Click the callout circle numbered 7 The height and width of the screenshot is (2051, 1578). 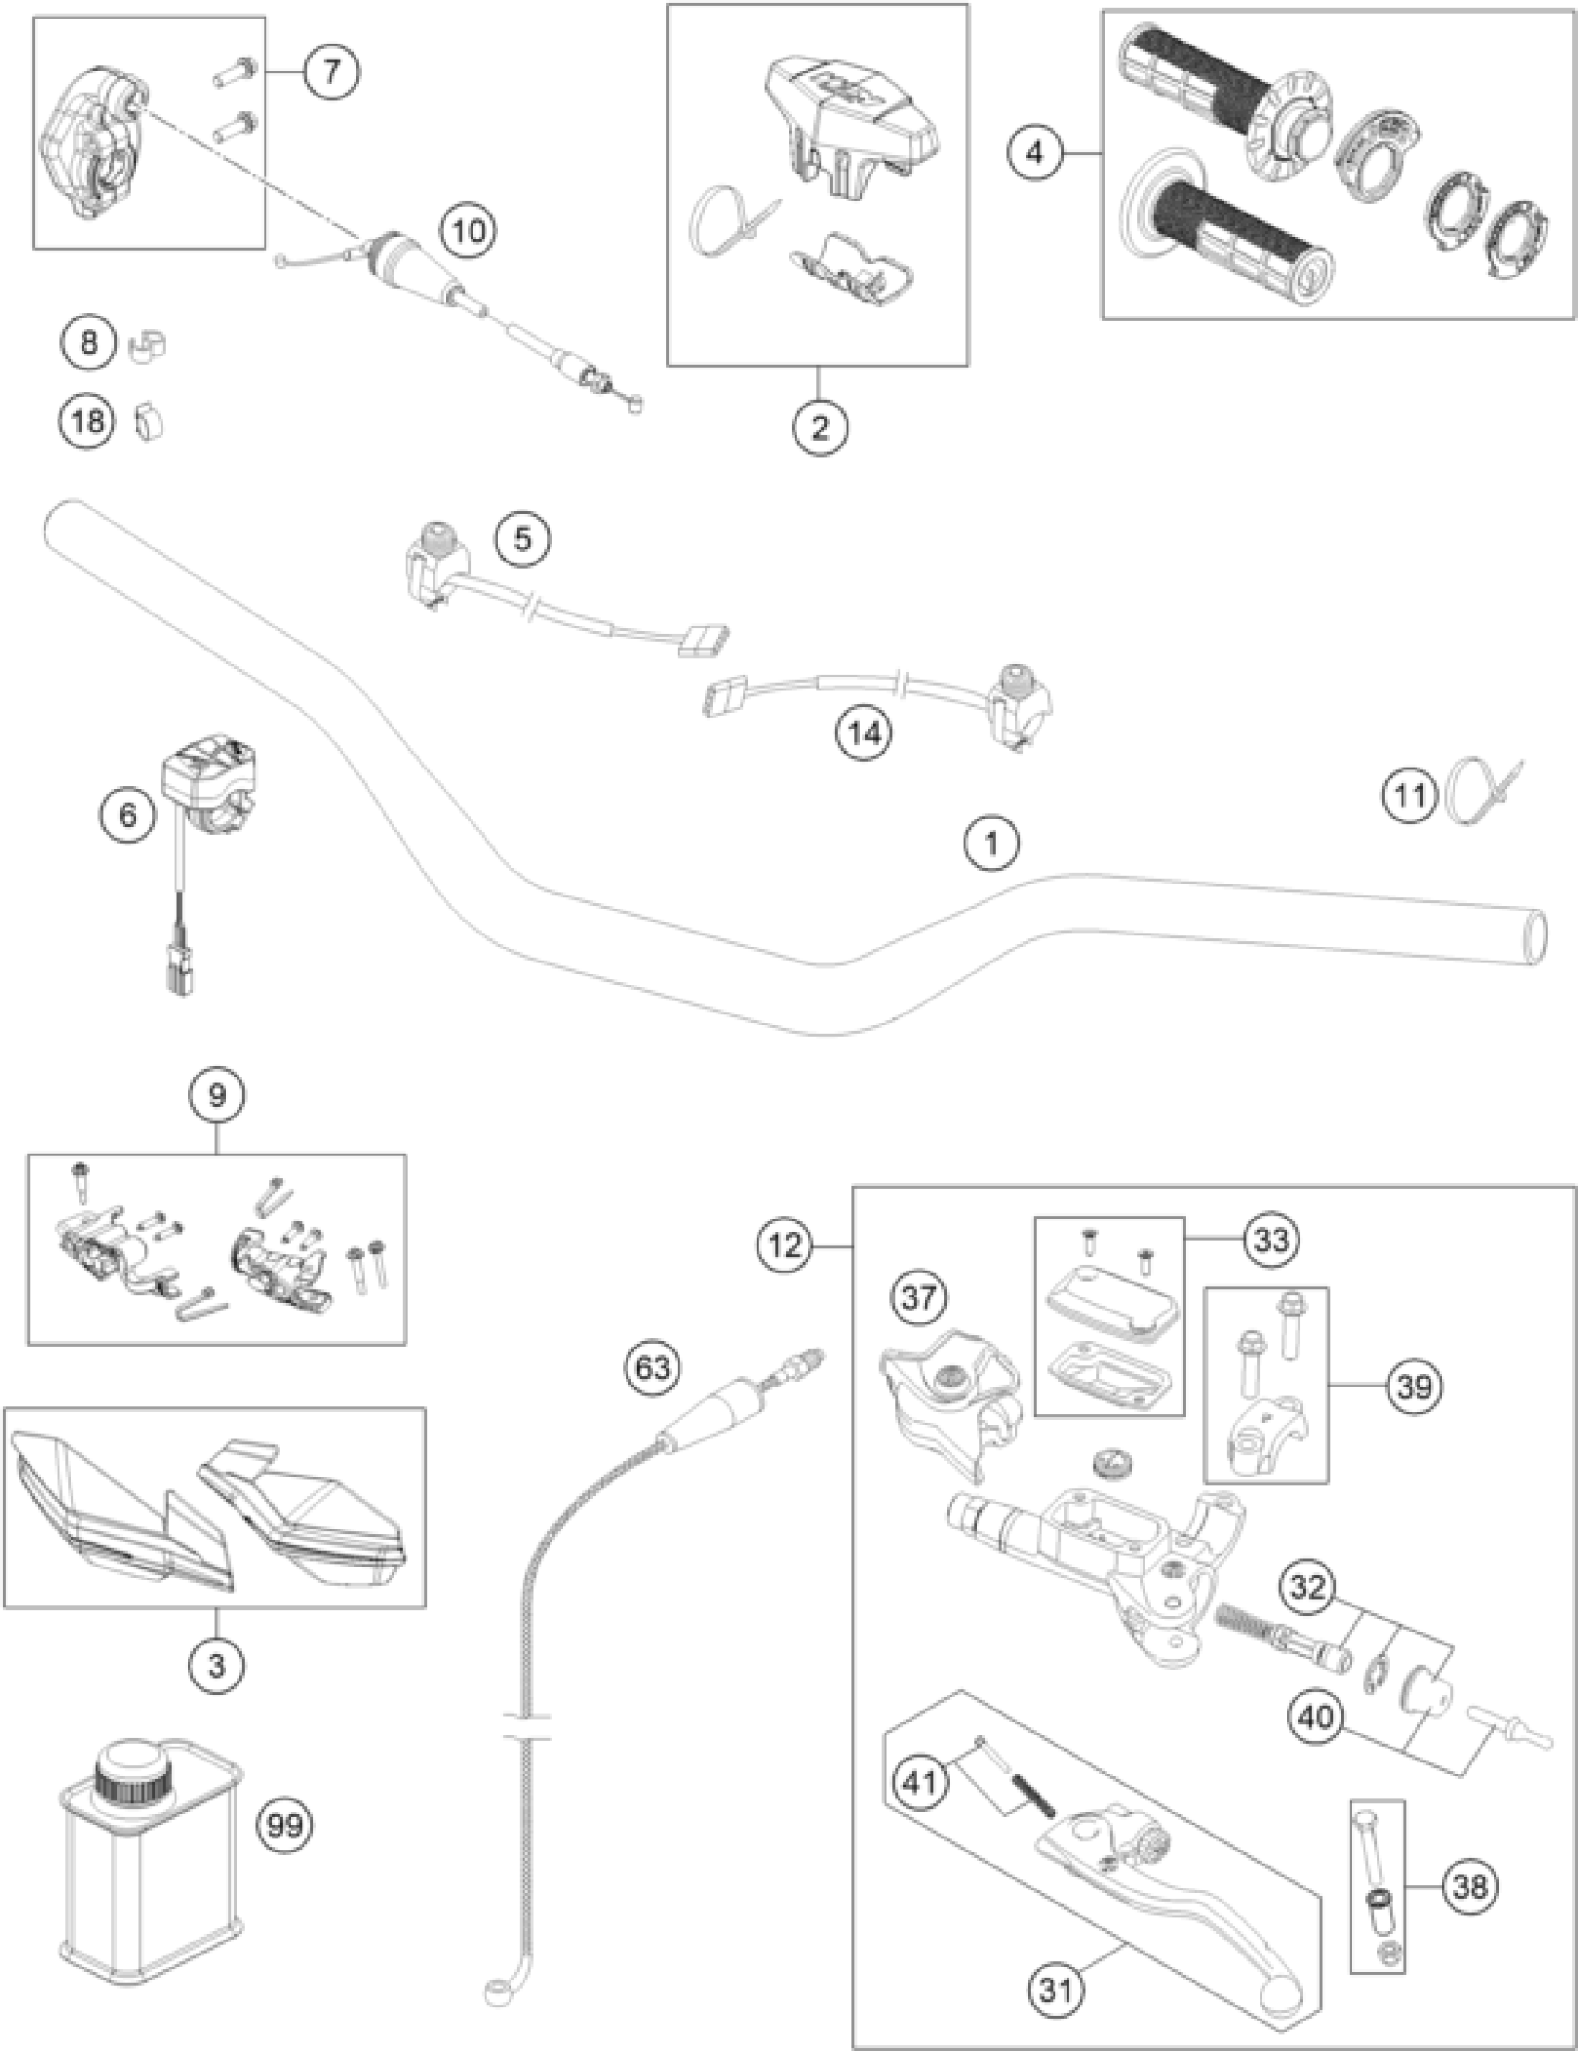(x=330, y=72)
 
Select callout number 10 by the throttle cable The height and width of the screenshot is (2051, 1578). (x=469, y=230)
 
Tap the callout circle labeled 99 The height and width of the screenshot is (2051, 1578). (x=286, y=1826)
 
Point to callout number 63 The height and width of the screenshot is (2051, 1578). (x=653, y=1367)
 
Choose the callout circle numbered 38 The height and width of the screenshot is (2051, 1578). (x=1471, y=1886)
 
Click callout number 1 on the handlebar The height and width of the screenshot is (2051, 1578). (x=992, y=843)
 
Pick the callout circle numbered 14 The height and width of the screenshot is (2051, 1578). (x=864, y=731)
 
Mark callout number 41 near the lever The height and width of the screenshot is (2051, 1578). (x=921, y=1780)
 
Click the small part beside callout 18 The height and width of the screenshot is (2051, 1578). (x=149, y=421)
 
